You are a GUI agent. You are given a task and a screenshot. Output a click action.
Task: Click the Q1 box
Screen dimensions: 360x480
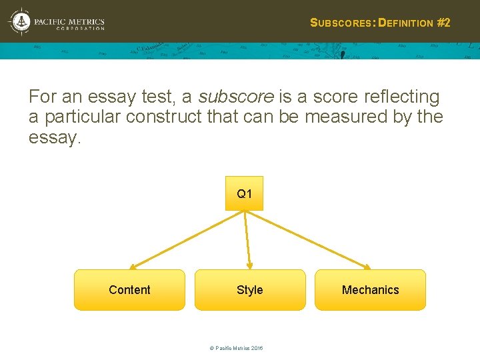point(245,193)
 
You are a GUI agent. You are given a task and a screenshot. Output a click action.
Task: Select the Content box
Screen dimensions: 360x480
point(129,290)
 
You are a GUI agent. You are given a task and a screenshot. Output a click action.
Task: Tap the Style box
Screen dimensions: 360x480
point(250,290)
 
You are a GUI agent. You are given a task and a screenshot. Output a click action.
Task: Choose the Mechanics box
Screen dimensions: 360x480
point(370,290)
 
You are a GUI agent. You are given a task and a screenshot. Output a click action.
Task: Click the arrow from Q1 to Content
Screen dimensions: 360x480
point(187,240)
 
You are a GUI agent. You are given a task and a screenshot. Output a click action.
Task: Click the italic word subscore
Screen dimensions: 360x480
point(236,97)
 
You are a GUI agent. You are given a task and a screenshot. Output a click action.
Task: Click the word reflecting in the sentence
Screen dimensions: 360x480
point(403,97)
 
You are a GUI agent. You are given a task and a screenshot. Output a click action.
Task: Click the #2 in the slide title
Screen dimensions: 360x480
point(443,23)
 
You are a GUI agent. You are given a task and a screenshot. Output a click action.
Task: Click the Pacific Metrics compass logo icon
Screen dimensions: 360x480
point(21,22)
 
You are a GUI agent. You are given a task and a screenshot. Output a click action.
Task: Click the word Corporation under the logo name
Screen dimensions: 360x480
point(80,29)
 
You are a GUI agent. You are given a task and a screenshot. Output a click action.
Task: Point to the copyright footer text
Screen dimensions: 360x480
point(236,349)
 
